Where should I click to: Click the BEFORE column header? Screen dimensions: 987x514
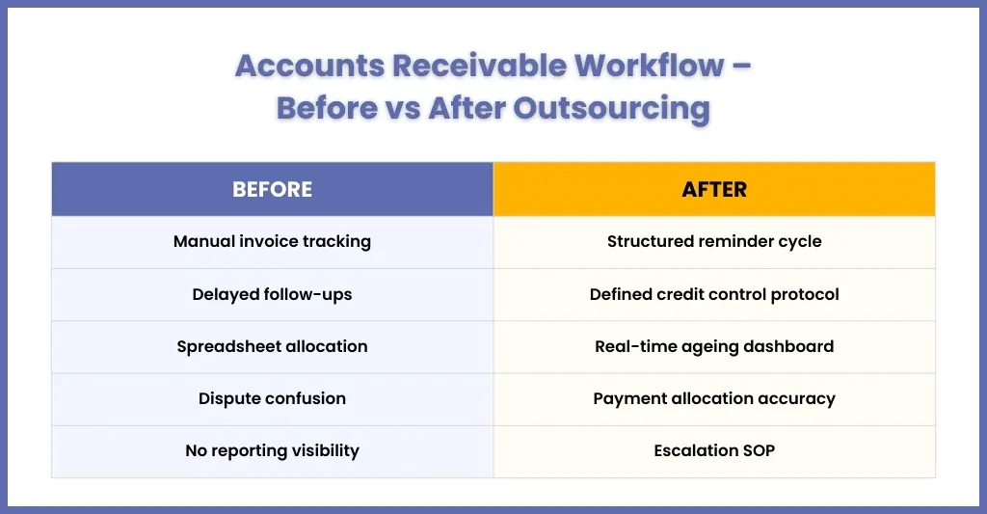click(x=272, y=189)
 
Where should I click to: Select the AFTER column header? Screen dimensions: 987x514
click(x=714, y=189)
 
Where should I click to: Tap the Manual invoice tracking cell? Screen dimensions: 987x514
click(x=272, y=242)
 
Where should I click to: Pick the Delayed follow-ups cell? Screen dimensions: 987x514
click(x=272, y=295)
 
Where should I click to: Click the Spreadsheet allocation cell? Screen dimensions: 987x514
click(x=272, y=347)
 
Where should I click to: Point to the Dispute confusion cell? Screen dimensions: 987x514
click(x=272, y=399)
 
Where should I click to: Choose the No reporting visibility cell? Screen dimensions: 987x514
click(x=272, y=451)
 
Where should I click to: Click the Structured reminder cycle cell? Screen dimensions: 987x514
click(x=714, y=242)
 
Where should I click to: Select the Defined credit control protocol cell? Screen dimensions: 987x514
click(x=714, y=295)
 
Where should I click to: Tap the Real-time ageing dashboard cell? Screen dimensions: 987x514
click(x=714, y=347)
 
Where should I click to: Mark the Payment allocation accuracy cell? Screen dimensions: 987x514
click(x=714, y=399)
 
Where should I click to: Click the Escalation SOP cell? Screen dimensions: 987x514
click(x=714, y=451)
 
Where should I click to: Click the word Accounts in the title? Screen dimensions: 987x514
click(x=309, y=66)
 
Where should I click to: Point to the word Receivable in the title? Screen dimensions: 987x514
click(x=480, y=66)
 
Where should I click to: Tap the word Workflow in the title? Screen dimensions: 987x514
click(x=650, y=66)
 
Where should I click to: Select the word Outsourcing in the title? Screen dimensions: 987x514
click(x=612, y=108)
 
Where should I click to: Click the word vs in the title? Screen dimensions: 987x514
click(x=403, y=109)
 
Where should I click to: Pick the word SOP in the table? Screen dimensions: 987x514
click(x=759, y=451)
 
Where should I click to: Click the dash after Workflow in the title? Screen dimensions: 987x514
click(x=742, y=67)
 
